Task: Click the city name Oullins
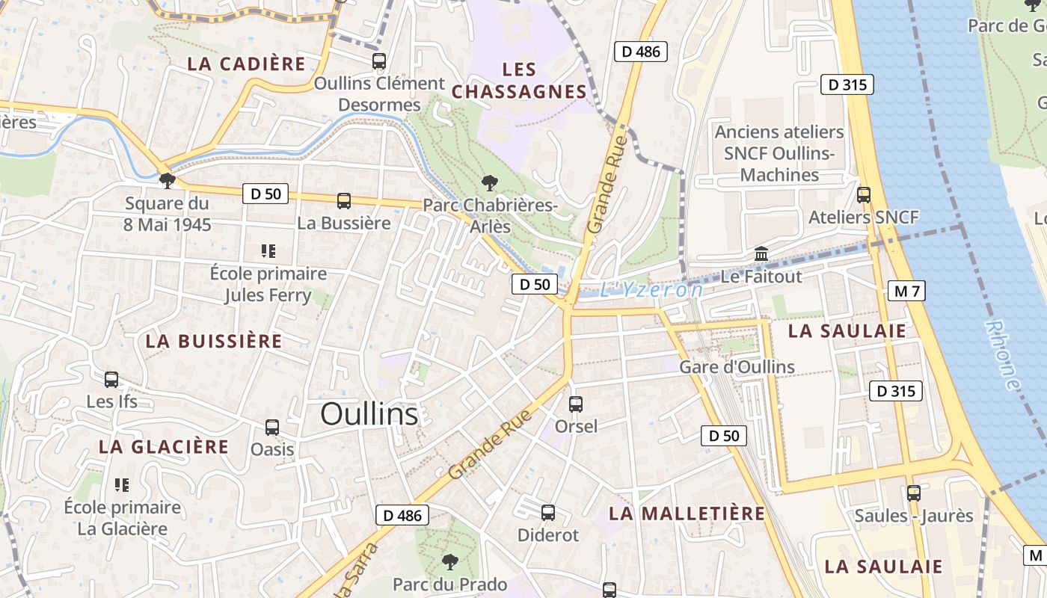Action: (x=369, y=414)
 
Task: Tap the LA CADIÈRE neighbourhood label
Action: (x=246, y=64)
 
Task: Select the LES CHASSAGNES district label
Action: (x=520, y=81)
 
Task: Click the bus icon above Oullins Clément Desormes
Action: (x=379, y=61)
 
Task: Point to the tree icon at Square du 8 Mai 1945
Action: (x=168, y=180)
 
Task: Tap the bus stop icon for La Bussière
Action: (x=344, y=200)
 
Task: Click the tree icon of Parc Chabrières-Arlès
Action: (x=490, y=182)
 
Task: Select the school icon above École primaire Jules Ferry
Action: (x=268, y=251)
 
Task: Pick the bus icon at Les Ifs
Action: (x=111, y=380)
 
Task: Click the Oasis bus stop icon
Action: (x=272, y=428)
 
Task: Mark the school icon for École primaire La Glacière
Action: (x=122, y=485)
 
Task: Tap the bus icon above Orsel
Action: (x=576, y=404)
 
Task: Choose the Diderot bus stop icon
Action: (x=548, y=513)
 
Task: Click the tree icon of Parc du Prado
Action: (x=449, y=561)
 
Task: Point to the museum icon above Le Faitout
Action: (x=761, y=254)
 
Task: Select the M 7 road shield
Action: (x=906, y=291)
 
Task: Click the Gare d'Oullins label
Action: (x=737, y=367)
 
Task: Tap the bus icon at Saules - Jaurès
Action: (x=913, y=493)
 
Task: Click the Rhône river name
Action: (x=1002, y=355)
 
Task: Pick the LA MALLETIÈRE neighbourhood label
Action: (x=687, y=514)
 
